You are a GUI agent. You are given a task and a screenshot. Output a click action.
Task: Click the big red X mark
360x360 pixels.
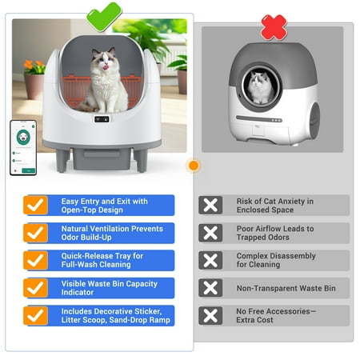pos(274,27)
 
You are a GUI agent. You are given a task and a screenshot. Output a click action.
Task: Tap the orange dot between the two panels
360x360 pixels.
pos(194,166)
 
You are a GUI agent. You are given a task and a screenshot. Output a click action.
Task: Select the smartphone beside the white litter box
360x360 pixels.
pos(23,148)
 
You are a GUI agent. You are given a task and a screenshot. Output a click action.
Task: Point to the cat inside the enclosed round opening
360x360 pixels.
pos(260,87)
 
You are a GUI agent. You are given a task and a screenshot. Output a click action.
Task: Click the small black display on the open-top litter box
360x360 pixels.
pos(102,119)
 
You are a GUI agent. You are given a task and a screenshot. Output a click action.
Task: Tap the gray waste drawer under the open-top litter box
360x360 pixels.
pos(102,158)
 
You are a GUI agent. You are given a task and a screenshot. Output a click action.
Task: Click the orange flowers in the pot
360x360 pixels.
pos(34,66)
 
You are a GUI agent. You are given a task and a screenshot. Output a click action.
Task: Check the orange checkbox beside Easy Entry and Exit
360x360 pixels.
pos(35,205)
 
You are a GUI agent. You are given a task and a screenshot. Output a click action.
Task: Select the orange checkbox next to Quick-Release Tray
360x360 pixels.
pos(35,260)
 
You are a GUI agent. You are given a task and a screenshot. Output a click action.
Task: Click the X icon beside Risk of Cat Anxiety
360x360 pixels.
pos(210,205)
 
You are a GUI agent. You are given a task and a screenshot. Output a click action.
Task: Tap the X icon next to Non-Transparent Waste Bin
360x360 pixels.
pos(210,288)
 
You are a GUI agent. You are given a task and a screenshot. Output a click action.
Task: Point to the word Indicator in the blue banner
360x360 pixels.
pos(78,292)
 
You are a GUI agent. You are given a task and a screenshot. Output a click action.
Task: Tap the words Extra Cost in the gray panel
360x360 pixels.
pos(254,320)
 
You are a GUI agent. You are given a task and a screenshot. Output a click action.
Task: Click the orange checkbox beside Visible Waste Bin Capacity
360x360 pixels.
pos(35,288)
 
